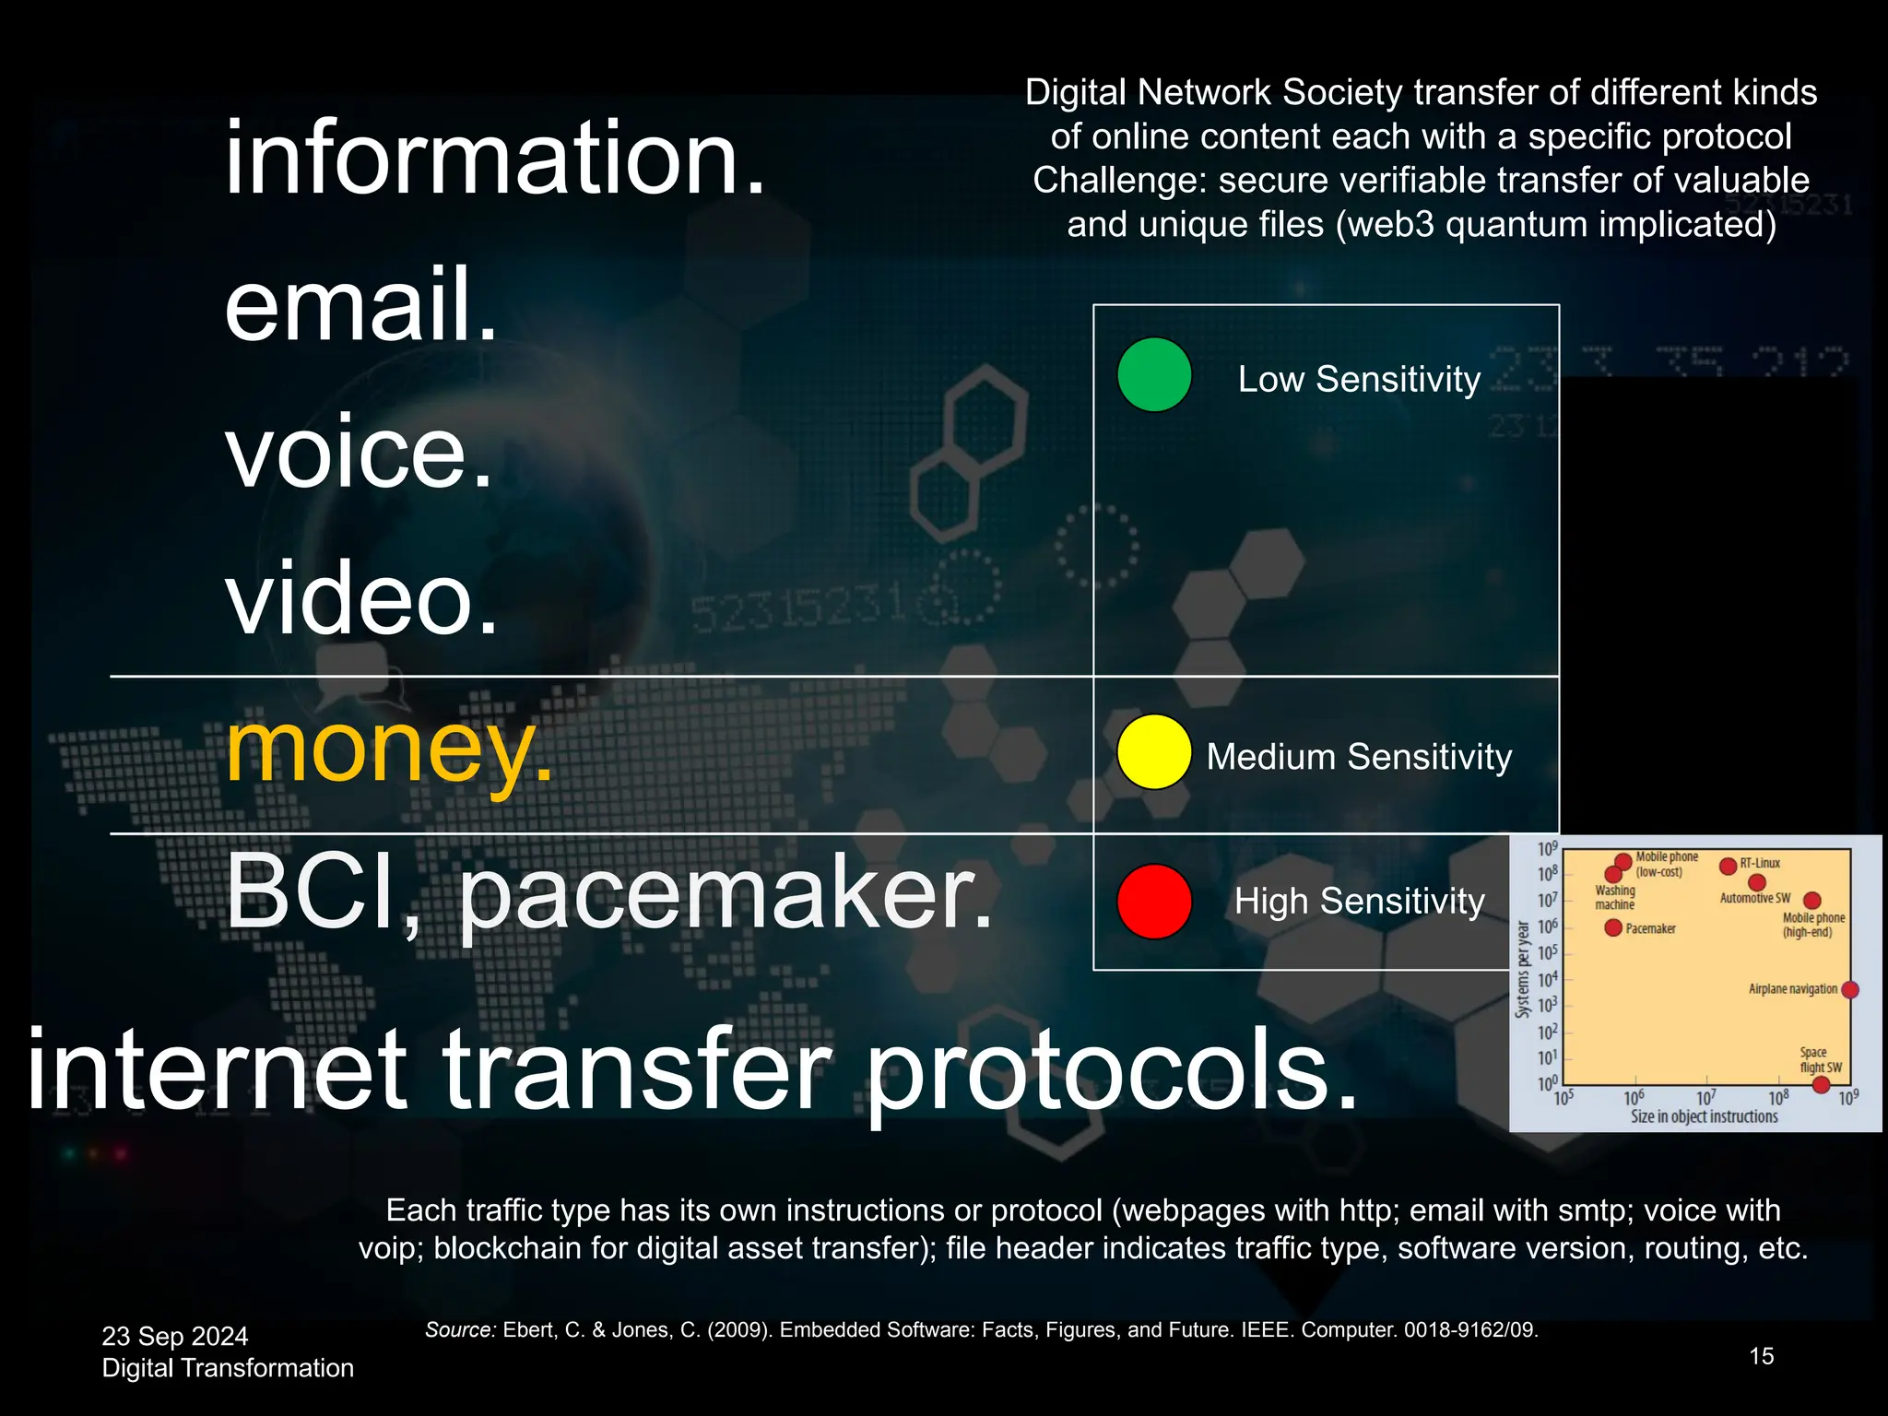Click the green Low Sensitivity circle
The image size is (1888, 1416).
[x=1154, y=375]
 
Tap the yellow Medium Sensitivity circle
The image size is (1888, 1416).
[x=1154, y=752]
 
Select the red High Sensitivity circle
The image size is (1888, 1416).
[x=1154, y=901]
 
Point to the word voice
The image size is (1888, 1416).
[x=359, y=453]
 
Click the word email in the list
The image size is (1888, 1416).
[x=360, y=304]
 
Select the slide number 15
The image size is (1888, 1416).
[x=1761, y=1356]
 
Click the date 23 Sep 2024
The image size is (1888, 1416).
[x=175, y=1336]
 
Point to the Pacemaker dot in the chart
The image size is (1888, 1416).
[x=1613, y=927]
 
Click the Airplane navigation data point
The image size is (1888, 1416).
[x=1849, y=989]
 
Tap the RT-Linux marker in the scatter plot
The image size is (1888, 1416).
[x=1729, y=866]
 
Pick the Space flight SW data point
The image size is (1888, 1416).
[x=1821, y=1084]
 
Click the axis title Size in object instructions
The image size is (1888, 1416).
[x=1704, y=1116]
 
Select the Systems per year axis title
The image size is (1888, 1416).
[x=1523, y=969]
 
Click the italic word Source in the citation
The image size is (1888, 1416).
[x=460, y=1329]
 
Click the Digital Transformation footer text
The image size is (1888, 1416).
[x=228, y=1368]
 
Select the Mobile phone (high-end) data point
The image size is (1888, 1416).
[x=1811, y=900]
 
